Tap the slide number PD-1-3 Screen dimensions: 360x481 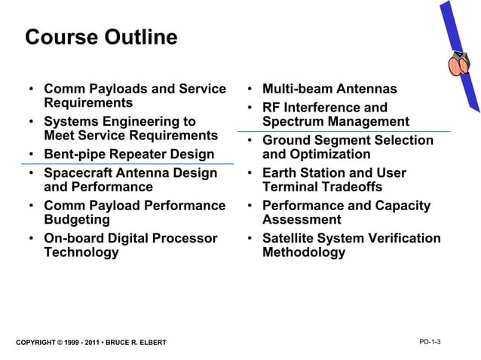(x=430, y=342)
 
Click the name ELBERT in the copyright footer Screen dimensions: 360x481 (x=149, y=343)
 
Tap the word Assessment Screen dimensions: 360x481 (x=302, y=220)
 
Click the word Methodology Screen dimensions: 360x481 (x=304, y=252)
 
